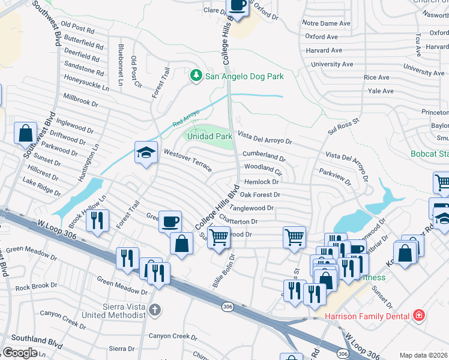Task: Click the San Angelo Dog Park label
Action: (244, 76)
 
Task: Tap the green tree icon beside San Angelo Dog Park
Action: (195, 76)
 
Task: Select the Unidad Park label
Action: (211, 136)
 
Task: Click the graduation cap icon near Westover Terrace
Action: (146, 154)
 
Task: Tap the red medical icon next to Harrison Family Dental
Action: (418, 316)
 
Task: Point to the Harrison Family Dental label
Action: (367, 316)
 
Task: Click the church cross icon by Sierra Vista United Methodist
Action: (155, 310)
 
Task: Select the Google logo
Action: (20, 353)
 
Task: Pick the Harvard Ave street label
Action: (324, 50)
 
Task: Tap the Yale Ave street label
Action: (381, 91)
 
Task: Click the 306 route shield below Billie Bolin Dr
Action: (226, 307)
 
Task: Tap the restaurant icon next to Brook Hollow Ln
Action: (97, 221)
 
